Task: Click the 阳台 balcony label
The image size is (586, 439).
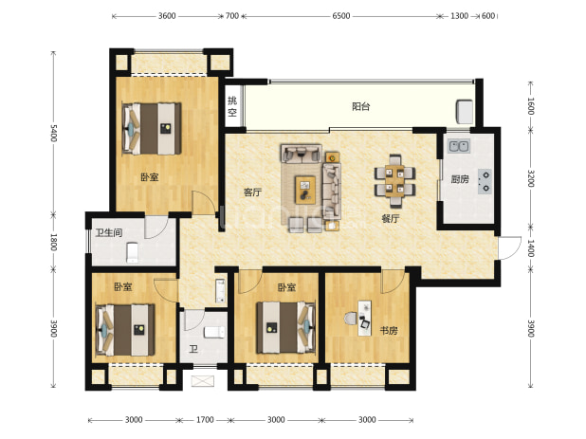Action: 360,107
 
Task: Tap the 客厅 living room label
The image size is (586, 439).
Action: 252,192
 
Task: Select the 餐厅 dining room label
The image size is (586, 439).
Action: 391,219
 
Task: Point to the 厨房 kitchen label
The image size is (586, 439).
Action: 460,179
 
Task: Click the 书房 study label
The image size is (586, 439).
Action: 389,331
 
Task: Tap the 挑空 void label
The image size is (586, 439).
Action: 232,106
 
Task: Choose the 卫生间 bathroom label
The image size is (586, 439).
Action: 109,232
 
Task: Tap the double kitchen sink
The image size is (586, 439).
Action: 459,146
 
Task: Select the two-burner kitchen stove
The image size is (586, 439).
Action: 485,181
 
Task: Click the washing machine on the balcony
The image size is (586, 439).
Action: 465,111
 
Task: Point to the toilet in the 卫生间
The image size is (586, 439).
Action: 133,252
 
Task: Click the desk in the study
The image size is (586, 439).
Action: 365,319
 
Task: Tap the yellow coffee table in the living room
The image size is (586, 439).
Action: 305,191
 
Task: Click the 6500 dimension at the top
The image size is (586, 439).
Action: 341,16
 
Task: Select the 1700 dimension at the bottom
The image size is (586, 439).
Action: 205,420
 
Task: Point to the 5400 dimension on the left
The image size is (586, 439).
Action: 53,133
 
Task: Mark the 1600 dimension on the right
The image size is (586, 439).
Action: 531,106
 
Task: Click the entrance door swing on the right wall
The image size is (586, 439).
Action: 510,247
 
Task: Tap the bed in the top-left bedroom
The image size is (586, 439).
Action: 152,129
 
